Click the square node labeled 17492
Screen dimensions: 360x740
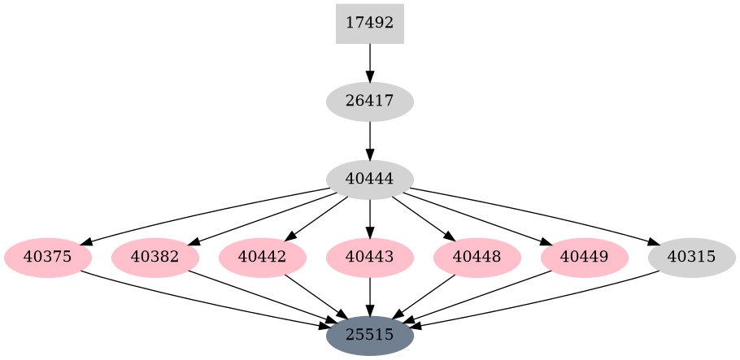370,24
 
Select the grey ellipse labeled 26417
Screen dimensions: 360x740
370,102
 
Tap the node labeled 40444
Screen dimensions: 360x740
370,180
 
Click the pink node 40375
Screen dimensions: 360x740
48,258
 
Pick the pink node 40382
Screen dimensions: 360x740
155,258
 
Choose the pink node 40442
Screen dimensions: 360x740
263,258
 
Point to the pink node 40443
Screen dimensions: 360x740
370,258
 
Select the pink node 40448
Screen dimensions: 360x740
477,258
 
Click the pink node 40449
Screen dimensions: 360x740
585,258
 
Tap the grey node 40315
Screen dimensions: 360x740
692,258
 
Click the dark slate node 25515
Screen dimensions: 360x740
370,335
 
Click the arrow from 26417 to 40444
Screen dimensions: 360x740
370,141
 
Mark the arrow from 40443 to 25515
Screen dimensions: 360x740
370,297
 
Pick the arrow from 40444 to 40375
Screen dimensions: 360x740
203,214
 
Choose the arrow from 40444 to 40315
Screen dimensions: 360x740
537,214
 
